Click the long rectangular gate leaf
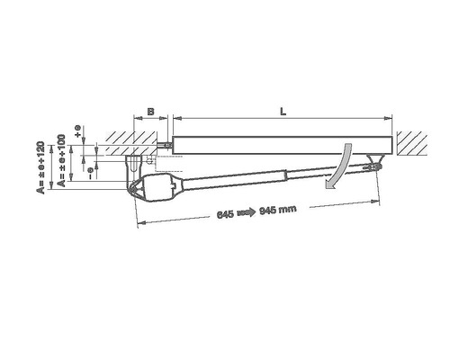click(283, 143)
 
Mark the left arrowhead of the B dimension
click(135, 118)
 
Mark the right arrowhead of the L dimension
click(391, 118)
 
